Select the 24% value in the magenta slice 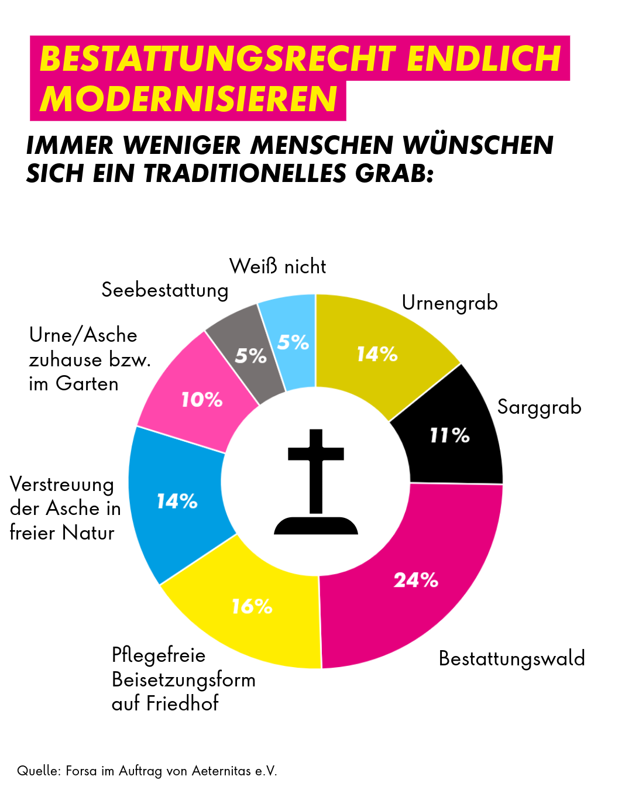point(415,580)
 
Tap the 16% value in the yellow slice point(252,606)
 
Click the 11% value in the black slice point(449,435)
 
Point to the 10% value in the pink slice point(201,400)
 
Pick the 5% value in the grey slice point(250,355)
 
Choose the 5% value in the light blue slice point(293,342)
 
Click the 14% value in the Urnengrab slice point(377,353)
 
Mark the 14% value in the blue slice point(177,501)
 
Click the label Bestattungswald point(511,659)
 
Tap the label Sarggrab point(539,407)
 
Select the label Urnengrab point(449,303)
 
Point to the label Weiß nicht point(277,267)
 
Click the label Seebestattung point(164,290)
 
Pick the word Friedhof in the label point(182,703)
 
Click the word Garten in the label point(87,384)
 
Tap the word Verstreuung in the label point(62,485)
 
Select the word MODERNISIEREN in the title point(188,99)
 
